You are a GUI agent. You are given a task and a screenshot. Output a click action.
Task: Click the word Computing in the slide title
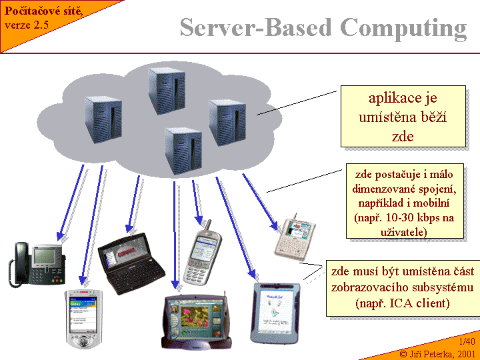(x=403, y=28)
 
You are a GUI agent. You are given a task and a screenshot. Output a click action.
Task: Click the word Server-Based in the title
(x=256, y=28)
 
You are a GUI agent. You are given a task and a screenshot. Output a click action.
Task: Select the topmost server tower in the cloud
(x=166, y=89)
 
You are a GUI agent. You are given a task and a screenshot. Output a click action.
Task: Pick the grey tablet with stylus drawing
(x=276, y=312)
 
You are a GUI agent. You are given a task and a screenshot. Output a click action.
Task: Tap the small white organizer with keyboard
(x=295, y=236)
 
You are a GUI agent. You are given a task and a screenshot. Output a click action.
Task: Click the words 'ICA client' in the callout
(x=421, y=303)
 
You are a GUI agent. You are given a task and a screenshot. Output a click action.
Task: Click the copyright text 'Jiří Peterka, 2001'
(x=443, y=353)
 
